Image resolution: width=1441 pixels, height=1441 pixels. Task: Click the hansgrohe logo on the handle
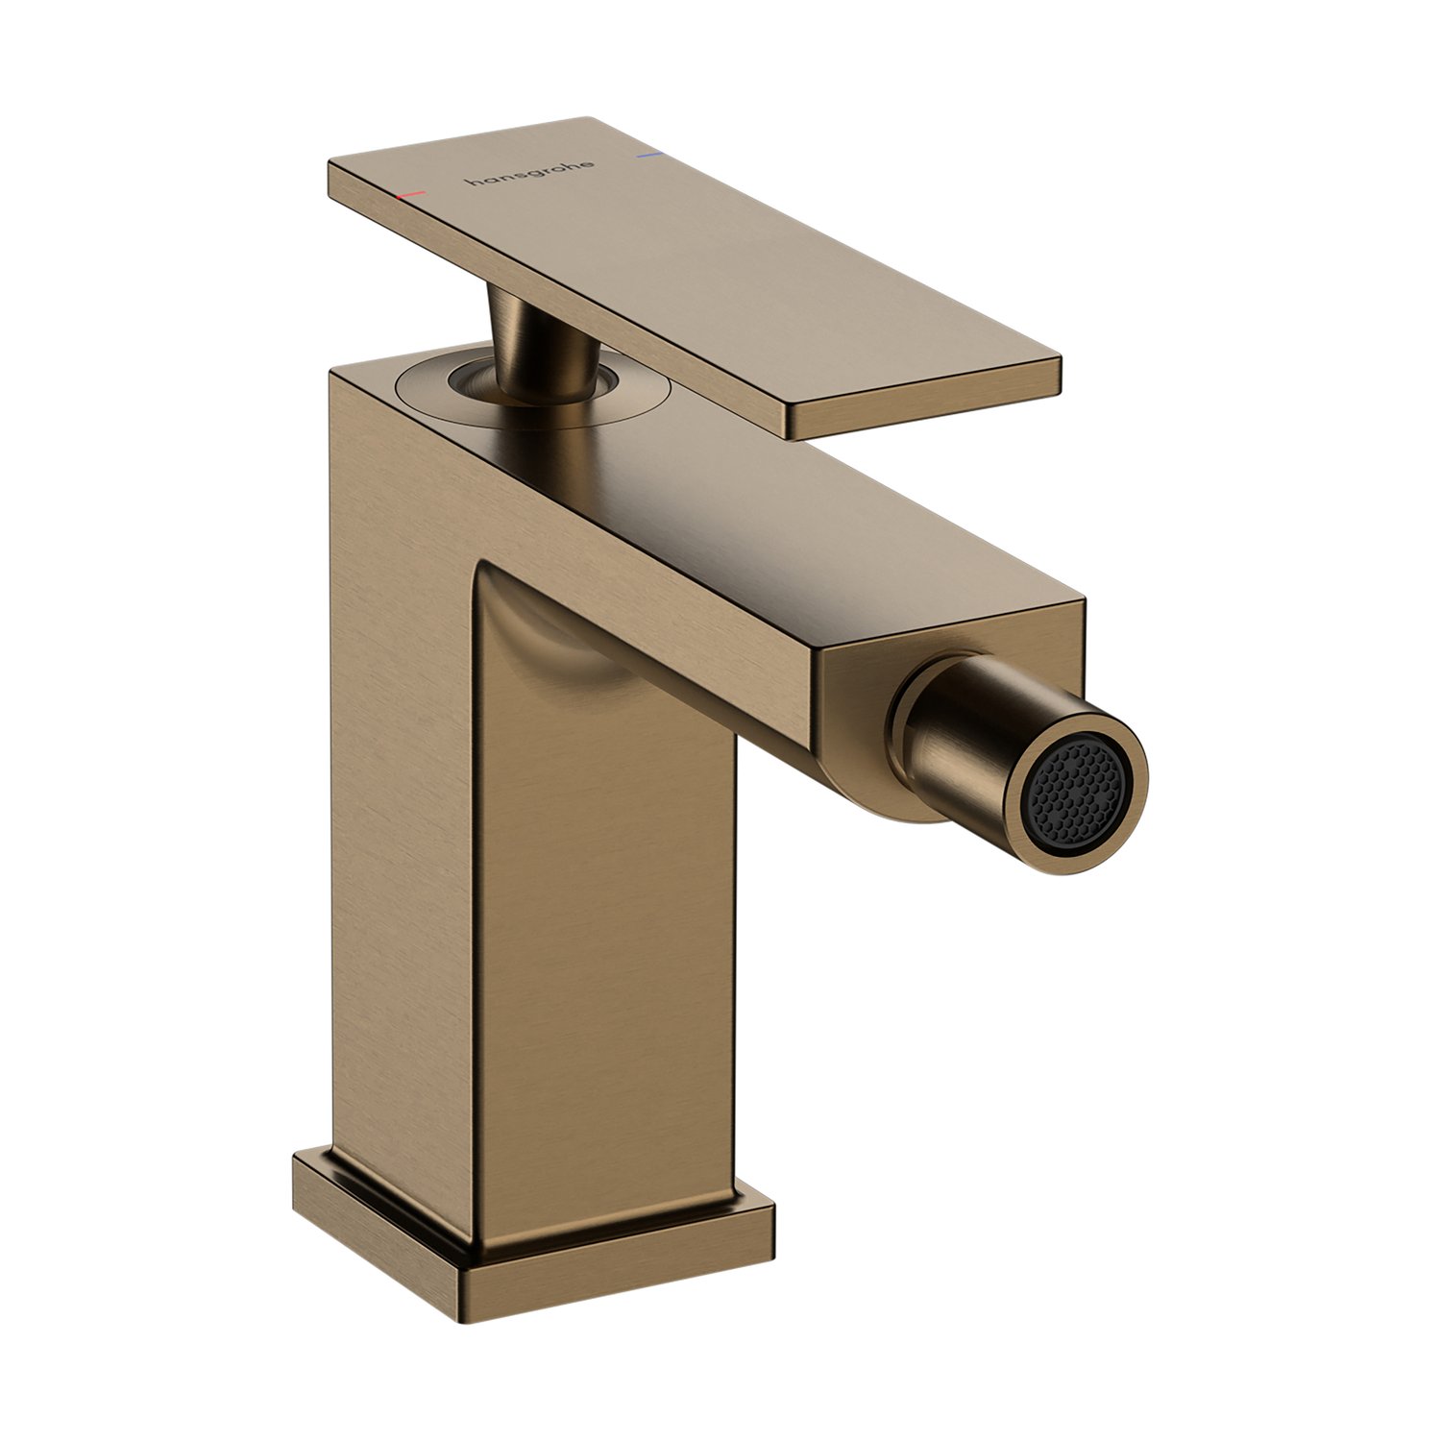click(529, 172)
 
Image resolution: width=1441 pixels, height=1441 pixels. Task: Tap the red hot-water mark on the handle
click(410, 195)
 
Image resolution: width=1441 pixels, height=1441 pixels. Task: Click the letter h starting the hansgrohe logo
click(472, 181)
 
